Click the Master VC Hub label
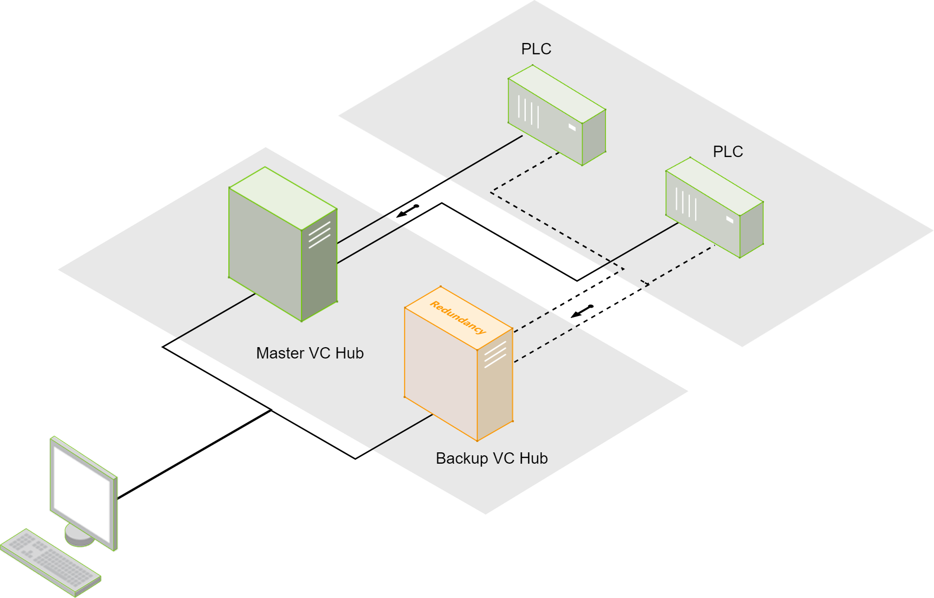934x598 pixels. pyautogui.click(x=310, y=353)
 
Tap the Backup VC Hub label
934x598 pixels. pyautogui.click(x=492, y=458)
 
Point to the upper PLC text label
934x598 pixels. pyautogui.click(x=536, y=49)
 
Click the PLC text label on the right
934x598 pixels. pyautogui.click(x=728, y=152)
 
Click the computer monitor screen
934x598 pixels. pyautogui.click(x=82, y=491)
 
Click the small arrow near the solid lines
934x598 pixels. pyautogui.click(x=408, y=211)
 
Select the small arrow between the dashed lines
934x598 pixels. pyautogui.click(x=582, y=312)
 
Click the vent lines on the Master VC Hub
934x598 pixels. pyautogui.click(x=319, y=235)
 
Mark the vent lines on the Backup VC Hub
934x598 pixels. pyautogui.click(x=495, y=355)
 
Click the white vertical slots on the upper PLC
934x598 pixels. pyautogui.click(x=528, y=112)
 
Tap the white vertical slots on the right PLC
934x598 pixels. pyautogui.click(x=686, y=204)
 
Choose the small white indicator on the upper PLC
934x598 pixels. pyautogui.click(x=572, y=127)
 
